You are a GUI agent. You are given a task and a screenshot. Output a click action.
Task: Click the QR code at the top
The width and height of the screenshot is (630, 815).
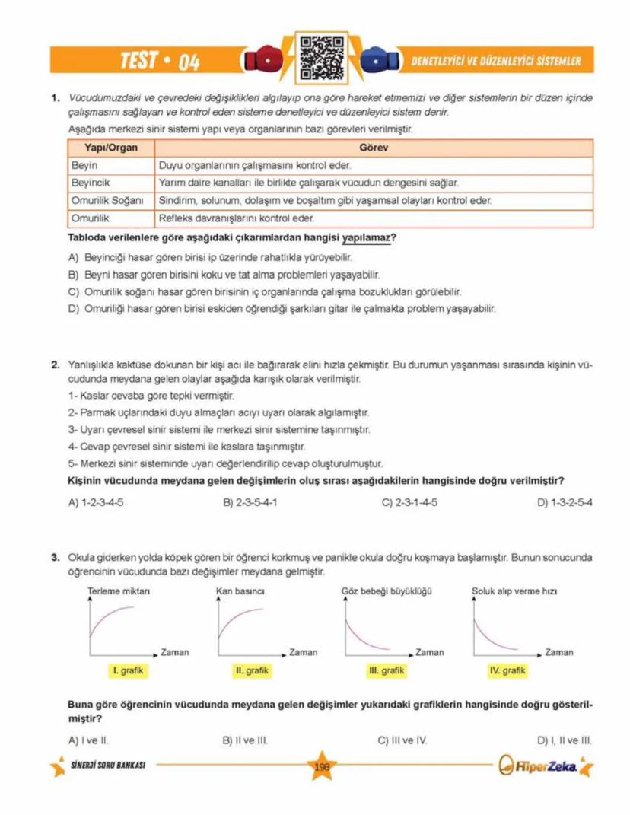(314, 59)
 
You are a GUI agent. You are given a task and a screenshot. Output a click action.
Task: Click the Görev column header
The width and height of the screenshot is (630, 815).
(374, 148)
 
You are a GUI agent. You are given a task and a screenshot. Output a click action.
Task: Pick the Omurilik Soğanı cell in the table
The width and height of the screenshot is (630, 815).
(107, 201)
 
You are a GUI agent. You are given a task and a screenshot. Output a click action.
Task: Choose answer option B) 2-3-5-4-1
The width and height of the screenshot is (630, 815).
(250, 502)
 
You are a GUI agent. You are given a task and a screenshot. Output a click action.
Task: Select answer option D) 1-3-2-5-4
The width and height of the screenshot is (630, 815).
(564, 502)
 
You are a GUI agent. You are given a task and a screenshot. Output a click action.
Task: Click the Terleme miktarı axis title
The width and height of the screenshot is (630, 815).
(120, 591)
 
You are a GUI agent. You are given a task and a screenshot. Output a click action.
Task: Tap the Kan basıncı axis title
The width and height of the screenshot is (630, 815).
(240, 591)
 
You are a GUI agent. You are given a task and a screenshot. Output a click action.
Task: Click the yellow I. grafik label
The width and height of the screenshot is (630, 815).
(126, 670)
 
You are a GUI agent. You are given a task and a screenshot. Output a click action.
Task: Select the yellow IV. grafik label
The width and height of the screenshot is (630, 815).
(508, 670)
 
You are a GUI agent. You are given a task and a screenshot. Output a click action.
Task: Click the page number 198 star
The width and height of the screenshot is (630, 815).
(321, 766)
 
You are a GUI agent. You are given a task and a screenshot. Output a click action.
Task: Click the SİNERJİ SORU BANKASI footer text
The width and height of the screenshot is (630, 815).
(107, 765)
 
